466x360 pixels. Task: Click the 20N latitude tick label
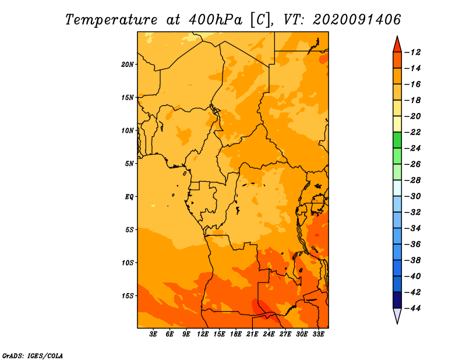[x=128, y=65]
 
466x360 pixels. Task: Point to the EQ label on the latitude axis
[x=129, y=197]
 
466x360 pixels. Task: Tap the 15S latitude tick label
[x=128, y=296]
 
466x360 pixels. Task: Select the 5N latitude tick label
[x=129, y=164]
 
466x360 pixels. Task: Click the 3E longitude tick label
[x=153, y=334]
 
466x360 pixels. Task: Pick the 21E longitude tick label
[x=252, y=334]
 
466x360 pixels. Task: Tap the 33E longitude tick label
[x=318, y=334]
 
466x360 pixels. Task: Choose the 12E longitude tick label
[x=202, y=334]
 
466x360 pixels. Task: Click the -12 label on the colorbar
[x=412, y=52]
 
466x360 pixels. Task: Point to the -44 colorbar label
[x=412, y=308]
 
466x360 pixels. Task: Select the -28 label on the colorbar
[x=412, y=181]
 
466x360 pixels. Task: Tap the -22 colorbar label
[x=412, y=132]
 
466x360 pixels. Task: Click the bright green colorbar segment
[x=397, y=140]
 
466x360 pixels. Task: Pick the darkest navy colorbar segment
[x=397, y=300]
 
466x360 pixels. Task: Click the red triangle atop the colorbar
[x=397, y=45]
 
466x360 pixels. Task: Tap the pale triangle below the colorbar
[x=397, y=315]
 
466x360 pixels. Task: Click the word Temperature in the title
[x=111, y=20]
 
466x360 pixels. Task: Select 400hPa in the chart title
[x=215, y=20]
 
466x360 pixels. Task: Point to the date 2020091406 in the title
[x=357, y=20]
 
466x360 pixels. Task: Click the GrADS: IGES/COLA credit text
[x=33, y=355]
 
